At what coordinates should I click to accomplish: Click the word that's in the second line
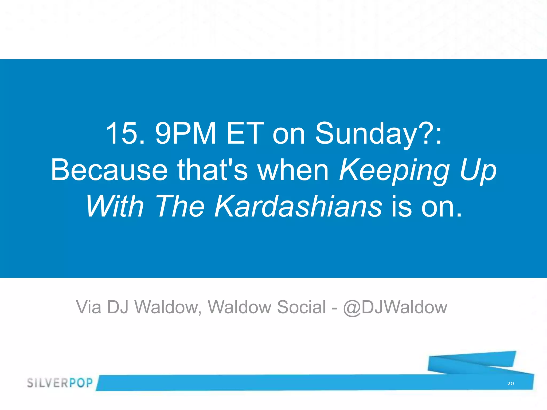pos(212,170)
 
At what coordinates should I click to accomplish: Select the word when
pos(293,170)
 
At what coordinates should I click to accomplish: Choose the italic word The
pos(179,206)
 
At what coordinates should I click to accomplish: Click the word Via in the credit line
pos(89,307)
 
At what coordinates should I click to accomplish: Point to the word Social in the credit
pos(301,307)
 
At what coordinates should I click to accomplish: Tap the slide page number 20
pos(510,384)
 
